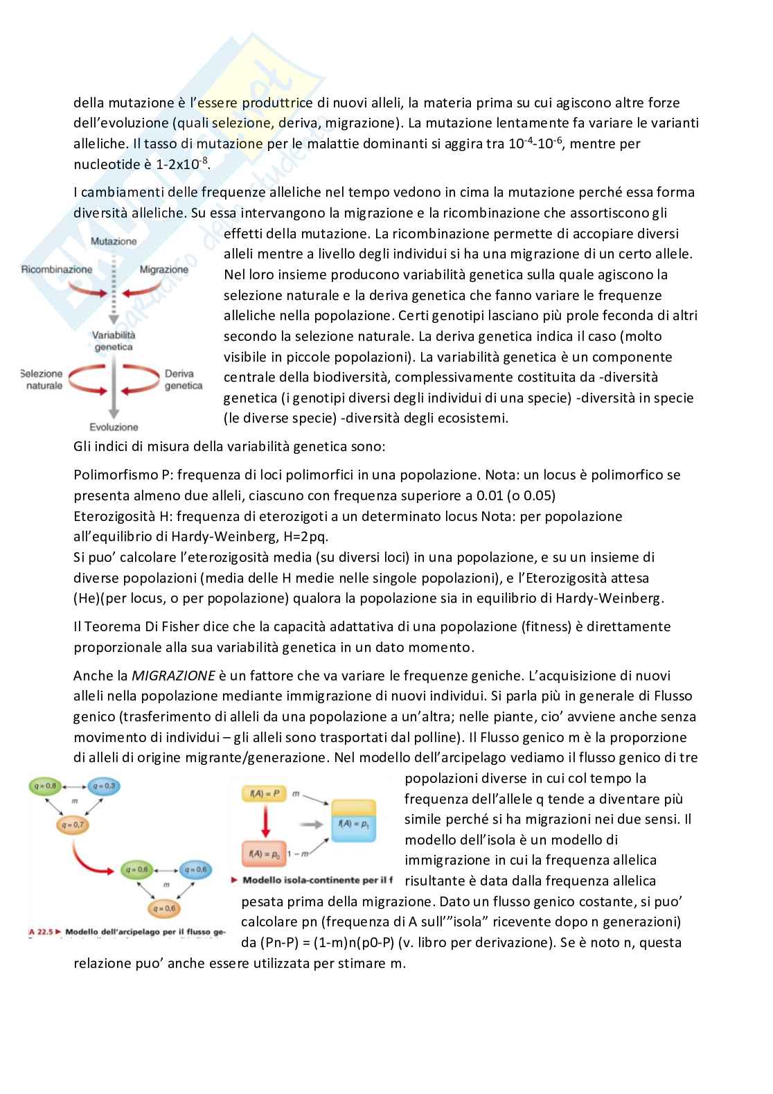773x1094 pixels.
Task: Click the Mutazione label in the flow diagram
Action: (x=114, y=242)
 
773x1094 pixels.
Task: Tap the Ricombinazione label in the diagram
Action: (x=57, y=269)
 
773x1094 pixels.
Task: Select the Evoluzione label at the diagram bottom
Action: (x=114, y=427)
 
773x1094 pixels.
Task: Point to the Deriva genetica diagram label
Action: (x=184, y=380)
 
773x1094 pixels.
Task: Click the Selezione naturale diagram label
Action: (x=44, y=380)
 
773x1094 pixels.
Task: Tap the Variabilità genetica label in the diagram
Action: (x=114, y=341)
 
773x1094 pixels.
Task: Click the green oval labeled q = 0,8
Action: (x=46, y=786)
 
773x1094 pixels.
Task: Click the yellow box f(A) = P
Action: (x=264, y=793)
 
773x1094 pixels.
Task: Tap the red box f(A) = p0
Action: (x=264, y=854)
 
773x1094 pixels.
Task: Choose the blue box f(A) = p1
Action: (x=354, y=824)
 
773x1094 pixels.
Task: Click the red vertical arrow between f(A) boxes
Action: (x=264, y=823)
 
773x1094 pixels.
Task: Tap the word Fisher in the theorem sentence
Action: (x=163, y=627)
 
